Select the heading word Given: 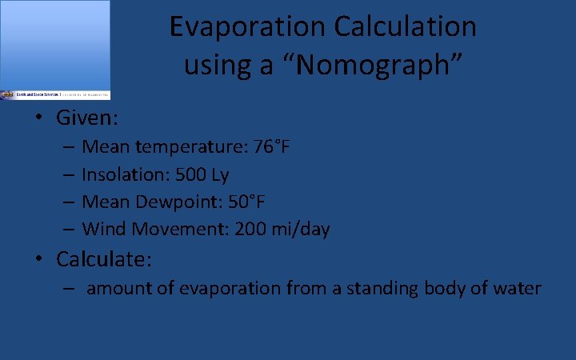(x=87, y=118)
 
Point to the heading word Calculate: (x=104, y=259)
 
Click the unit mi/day (x=302, y=230)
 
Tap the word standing (x=379, y=288)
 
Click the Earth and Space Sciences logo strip (x=55, y=94)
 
